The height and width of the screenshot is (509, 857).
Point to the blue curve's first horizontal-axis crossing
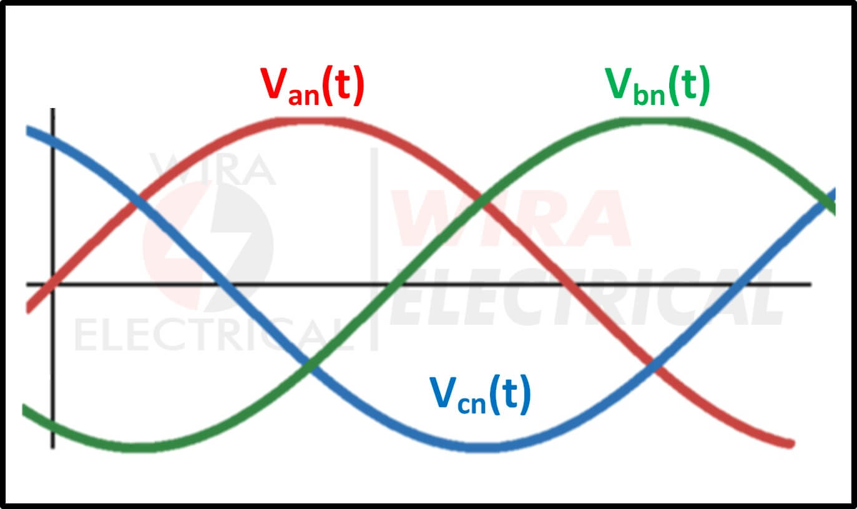225,284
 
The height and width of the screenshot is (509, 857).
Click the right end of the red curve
792,444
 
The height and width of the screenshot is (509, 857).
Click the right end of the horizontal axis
811,284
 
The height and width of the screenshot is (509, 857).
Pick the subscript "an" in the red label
304,96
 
